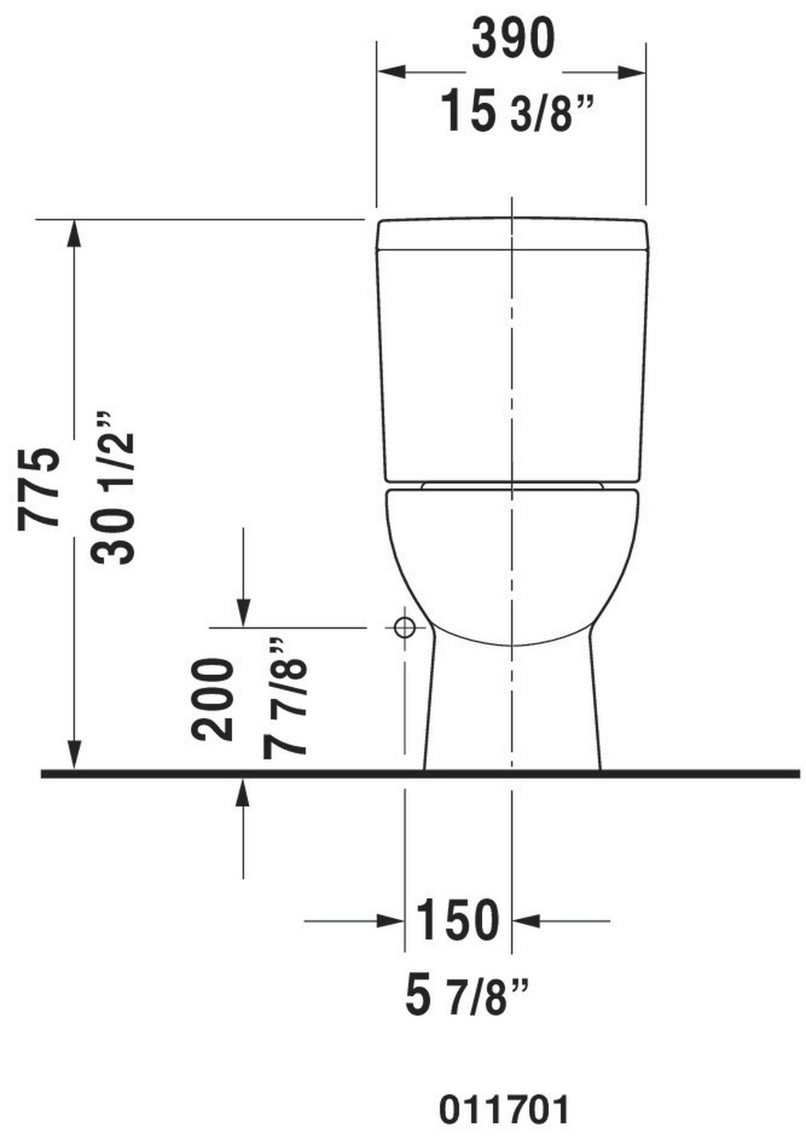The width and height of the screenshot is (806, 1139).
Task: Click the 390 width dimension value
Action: (x=512, y=38)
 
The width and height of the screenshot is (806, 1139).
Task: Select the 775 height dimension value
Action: (x=39, y=486)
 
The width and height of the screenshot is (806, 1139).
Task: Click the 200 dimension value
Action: (x=213, y=700)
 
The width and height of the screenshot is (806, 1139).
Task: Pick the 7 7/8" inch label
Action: (x=285, y=698)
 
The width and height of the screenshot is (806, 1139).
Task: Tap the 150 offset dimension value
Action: (x=457, y=920)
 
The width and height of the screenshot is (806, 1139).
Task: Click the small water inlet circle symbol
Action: (x=405, y=627)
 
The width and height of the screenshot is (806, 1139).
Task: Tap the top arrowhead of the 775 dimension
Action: (x=74, y=232)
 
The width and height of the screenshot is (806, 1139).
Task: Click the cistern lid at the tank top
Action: (x=512, y=234)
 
